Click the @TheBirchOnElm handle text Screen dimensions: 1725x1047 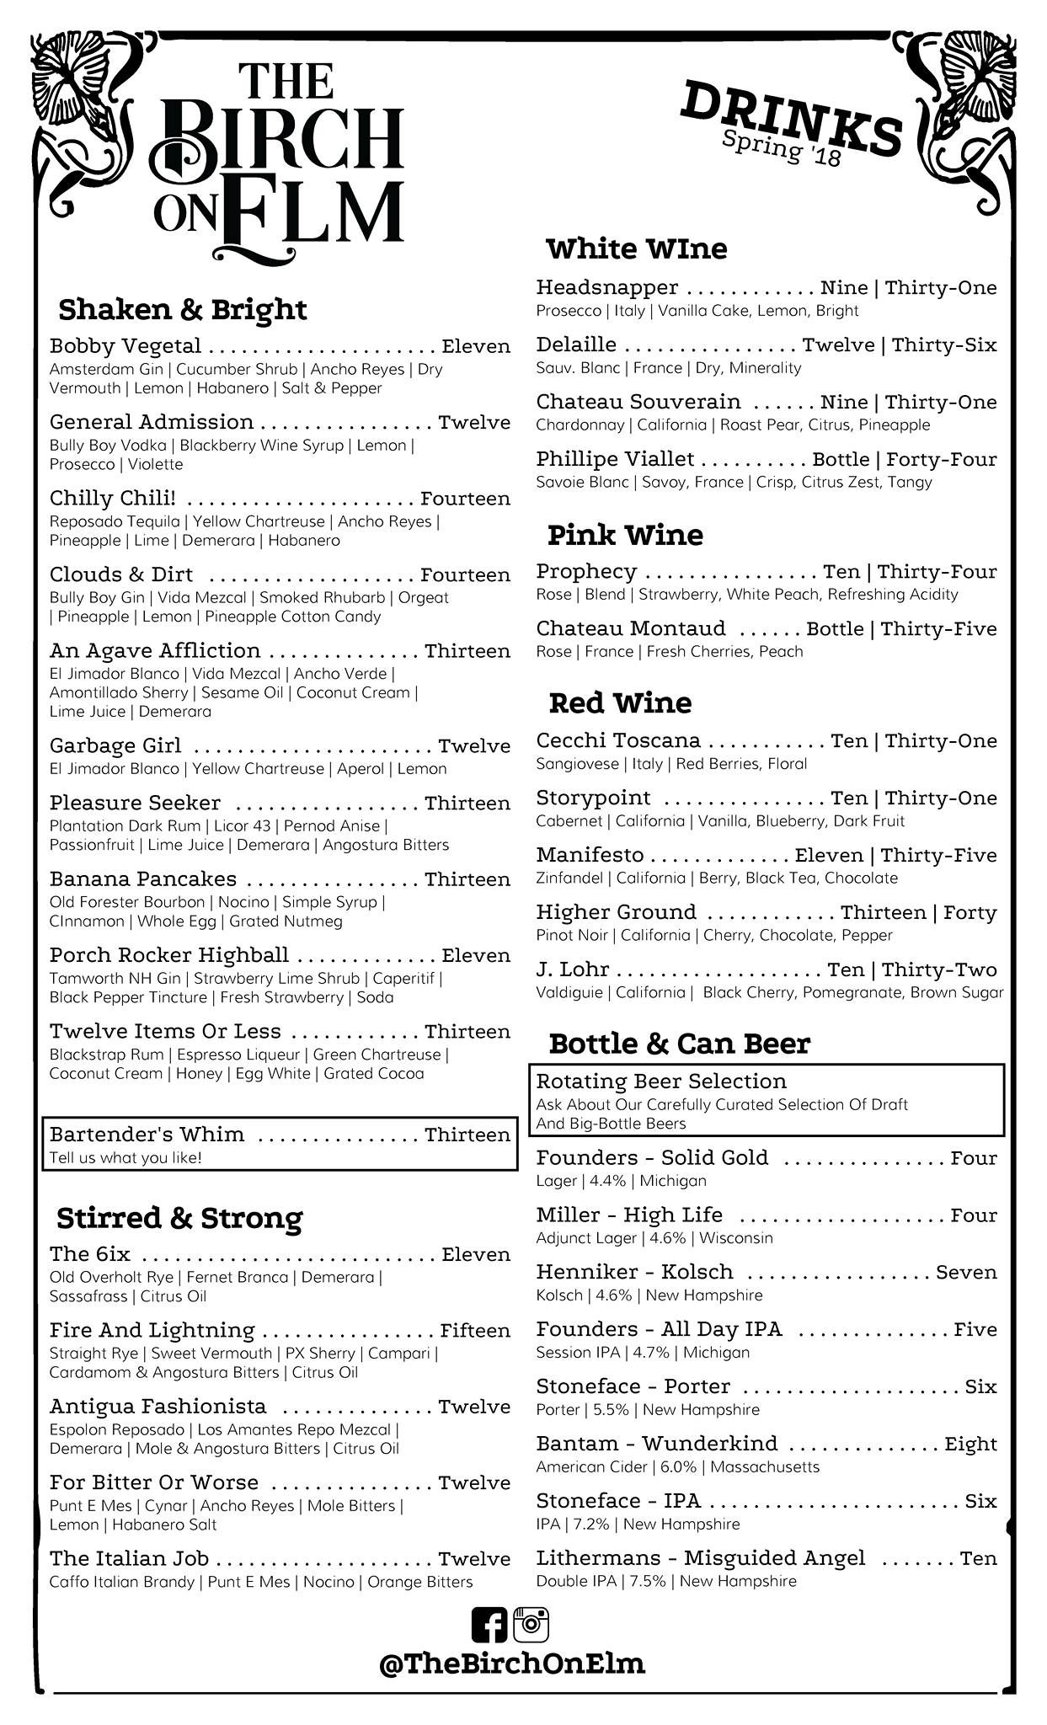pos(512,1664)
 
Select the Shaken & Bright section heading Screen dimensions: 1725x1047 pos(183,309)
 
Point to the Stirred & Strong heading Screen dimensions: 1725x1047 pos(179,1218)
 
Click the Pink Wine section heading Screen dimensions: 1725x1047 pos(625,535)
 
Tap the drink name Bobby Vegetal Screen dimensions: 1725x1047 pos(126,346)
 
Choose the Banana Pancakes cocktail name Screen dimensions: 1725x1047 pos(143,879)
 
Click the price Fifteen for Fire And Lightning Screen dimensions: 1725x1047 pos(475,1331)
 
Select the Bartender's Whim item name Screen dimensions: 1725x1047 pos(147,1135)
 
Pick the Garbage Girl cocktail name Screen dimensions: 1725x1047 pos(115,746)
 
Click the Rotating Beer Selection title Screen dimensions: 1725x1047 pos(661,1081)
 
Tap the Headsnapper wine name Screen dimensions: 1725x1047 pos(607,288)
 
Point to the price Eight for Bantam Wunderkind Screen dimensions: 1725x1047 pos(970,1444)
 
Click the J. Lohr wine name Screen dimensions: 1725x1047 pos(573,969)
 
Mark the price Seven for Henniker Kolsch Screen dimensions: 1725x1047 pos(966,1272)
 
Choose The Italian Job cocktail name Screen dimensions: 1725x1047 pos(129,1559)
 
